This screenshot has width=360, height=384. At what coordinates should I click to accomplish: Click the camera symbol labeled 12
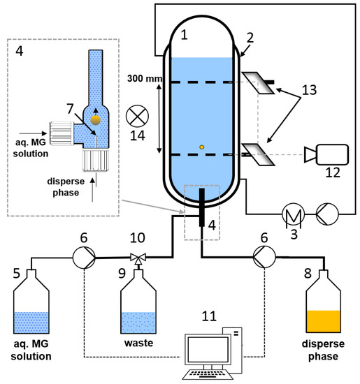click(x=326, y=154)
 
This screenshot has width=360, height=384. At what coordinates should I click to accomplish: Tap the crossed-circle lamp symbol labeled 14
click(x=137, y=116)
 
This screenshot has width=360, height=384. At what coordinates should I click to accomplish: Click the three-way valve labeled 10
click(x=138, y=258)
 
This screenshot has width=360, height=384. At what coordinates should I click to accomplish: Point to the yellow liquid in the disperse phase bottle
click(x=324, y=321)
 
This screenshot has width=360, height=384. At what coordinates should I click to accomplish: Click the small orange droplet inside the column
click(x=201, y=147)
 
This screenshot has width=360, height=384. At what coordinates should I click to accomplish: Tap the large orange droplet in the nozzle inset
click(x=95, y=120)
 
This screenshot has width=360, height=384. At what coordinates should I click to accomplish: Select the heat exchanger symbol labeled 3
click(x=294, y=214)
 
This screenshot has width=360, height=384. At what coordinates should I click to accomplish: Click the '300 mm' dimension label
click(x=145, y=79)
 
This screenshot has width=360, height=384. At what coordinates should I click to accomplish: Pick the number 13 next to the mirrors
click(x=309, y=90)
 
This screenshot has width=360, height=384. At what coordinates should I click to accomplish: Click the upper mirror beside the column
click(x=258, y=83)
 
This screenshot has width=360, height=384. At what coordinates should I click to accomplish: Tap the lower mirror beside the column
click(x=258, y=154)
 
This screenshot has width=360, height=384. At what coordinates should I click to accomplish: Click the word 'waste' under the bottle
click(x=138, y=343)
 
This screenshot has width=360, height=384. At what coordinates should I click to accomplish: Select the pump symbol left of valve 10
click(x=84, y=258)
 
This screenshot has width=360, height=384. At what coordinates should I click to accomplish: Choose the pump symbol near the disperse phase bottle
click(x=264, y=257)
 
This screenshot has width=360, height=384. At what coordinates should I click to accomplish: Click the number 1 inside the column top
click(x=184, y=35)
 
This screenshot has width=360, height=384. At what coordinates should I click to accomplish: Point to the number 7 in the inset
click(x=70, y=108)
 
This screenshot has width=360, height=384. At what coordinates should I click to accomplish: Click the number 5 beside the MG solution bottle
click(x=17, y=273)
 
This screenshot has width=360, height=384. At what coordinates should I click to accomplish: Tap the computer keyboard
click(x=208, y=374)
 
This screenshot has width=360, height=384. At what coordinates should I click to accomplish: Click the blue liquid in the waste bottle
click(x=138, y=323)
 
